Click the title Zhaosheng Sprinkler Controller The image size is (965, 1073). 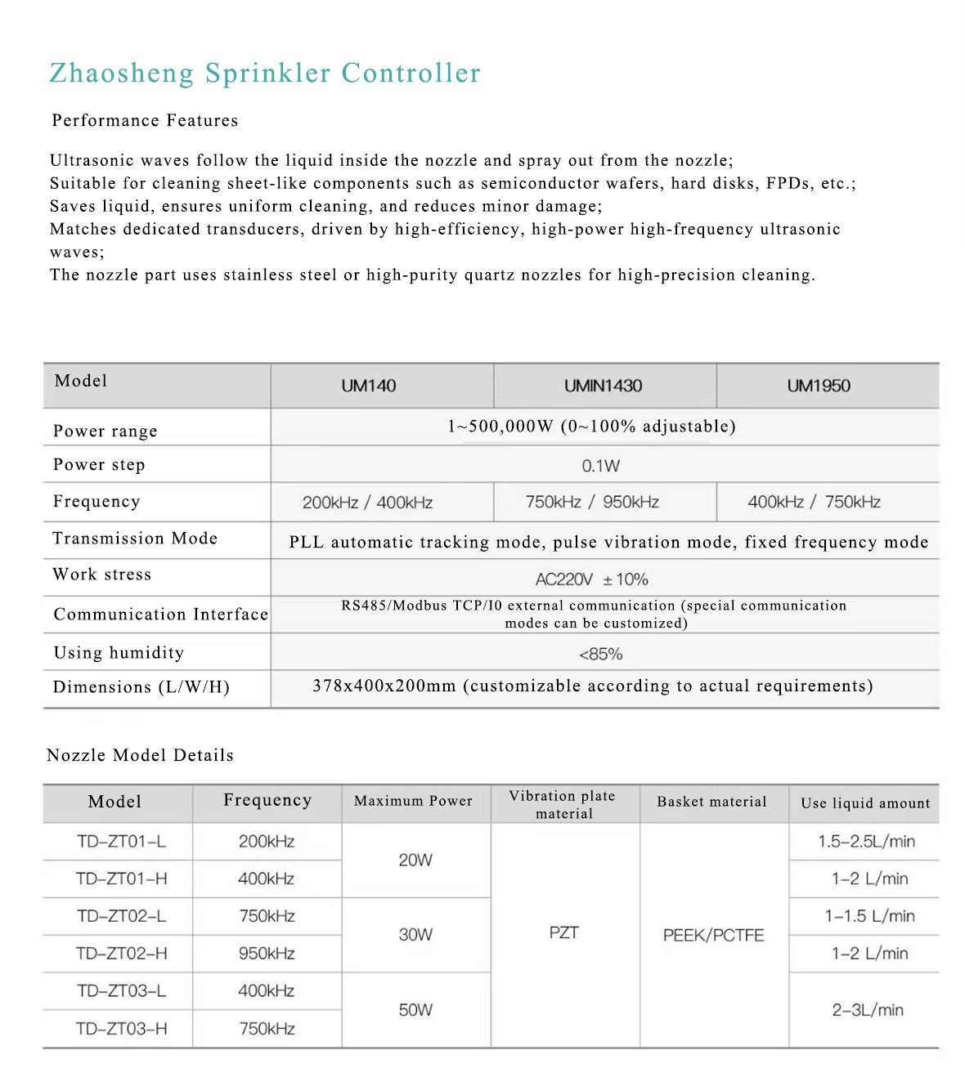click(265, 73)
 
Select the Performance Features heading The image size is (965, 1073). click(145, 121)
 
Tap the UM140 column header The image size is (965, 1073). click(369, 386)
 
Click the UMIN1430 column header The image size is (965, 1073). click(604, 386)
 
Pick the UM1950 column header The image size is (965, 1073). click(819, 386)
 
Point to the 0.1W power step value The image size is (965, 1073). click(601, 466)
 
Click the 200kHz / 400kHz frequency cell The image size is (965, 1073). click(367, 503)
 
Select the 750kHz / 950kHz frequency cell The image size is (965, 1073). click(592, 502)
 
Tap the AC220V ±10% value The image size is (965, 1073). click(592, 579)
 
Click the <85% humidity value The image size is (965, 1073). click(601, 654)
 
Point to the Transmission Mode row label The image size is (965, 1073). click(135, 539)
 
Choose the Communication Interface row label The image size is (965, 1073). click(160, 615)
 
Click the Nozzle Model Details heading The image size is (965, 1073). click(140, 755)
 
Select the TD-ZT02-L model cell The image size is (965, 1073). click(121, 916)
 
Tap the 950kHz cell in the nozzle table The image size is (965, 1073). click(267, 954)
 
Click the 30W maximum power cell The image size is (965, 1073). click(415, 934)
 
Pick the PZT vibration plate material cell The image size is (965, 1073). click(564, 932)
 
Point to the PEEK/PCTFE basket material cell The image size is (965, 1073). click(713, 935)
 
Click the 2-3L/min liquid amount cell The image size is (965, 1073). click(868, 1010)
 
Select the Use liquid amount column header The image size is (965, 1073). click(865, 803)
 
